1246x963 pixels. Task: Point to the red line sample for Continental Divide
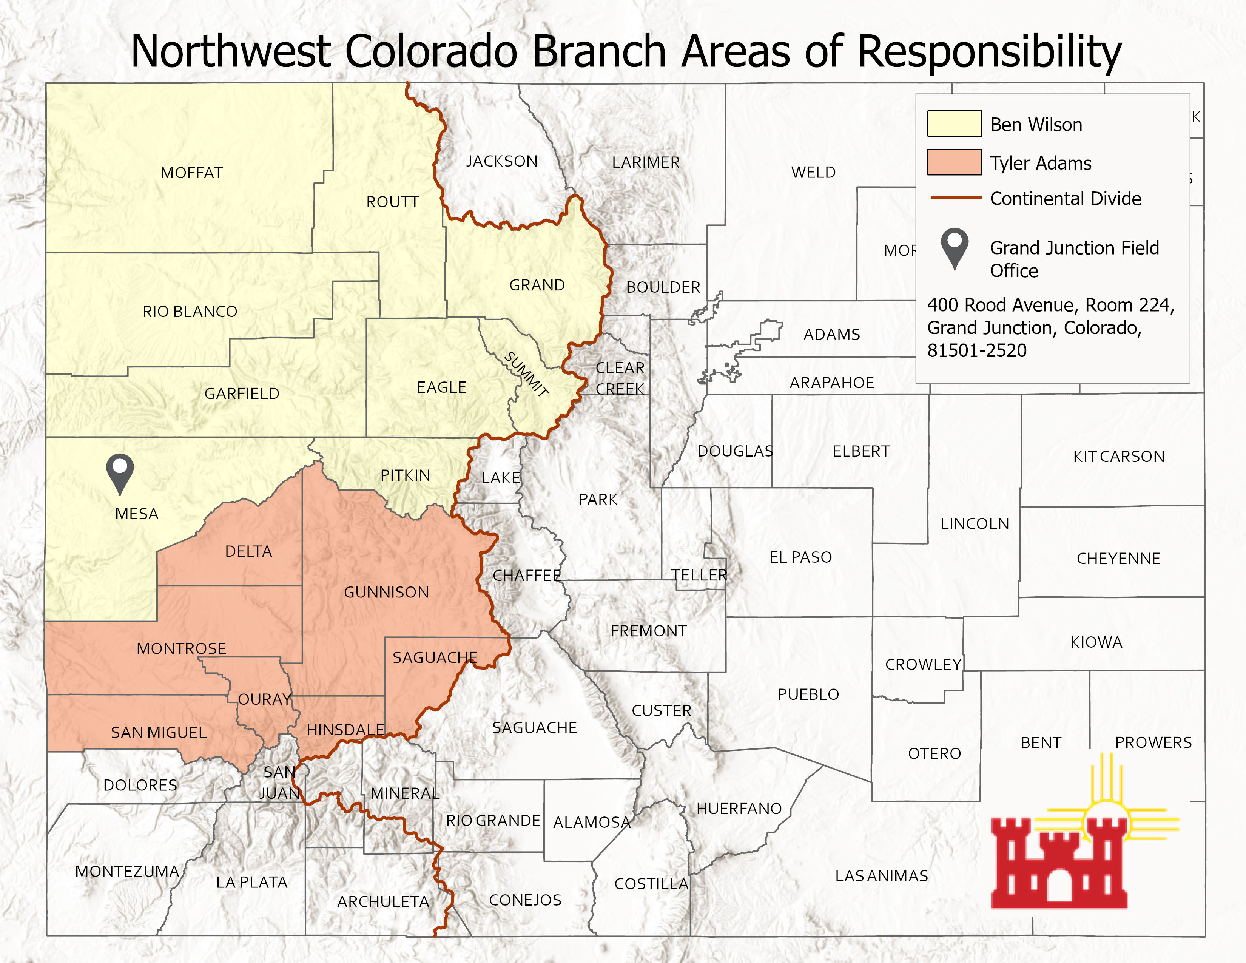pos(956,198)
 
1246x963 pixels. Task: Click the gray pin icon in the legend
pos(955,247)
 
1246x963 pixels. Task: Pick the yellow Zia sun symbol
pos(1107,810)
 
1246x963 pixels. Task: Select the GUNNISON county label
pos(386,592)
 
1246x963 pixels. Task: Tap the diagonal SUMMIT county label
pos(526,374)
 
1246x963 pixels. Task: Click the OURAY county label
pos(265,699)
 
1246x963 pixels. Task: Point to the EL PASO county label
pos(800,557)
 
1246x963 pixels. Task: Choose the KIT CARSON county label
pos(1118,457)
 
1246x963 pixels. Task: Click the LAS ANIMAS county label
pos(881,876)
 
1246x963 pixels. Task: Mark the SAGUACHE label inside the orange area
pos(435,658)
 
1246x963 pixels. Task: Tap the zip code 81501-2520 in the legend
pos(977,350)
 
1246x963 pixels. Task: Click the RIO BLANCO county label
pos(190,312)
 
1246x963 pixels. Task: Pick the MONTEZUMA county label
pos(127,871)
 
